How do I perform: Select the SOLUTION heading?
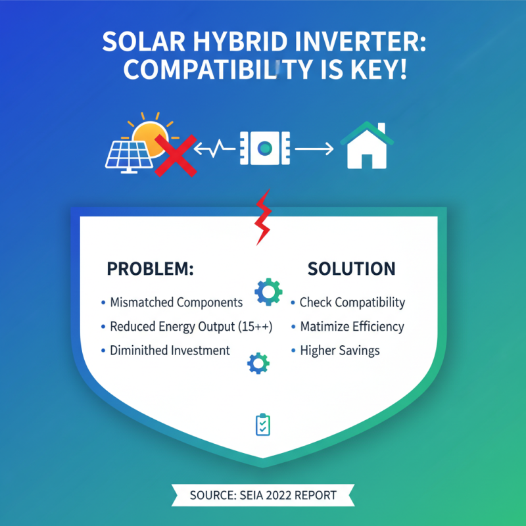[x=352, y=269]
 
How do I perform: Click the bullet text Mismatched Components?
[x=176, y=302]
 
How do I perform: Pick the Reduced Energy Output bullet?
[x=191, y=326]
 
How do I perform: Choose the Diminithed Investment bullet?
[x=170, y=350]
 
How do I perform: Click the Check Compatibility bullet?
[x=352, y=302]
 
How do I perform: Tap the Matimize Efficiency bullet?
[x=352, y=326]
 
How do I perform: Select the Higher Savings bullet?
[x=340, y=350]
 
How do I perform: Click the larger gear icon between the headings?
[x=268, y=292]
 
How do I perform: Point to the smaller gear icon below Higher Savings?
[x=257, y=364]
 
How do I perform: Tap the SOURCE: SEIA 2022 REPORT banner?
[x=263, y=494]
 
